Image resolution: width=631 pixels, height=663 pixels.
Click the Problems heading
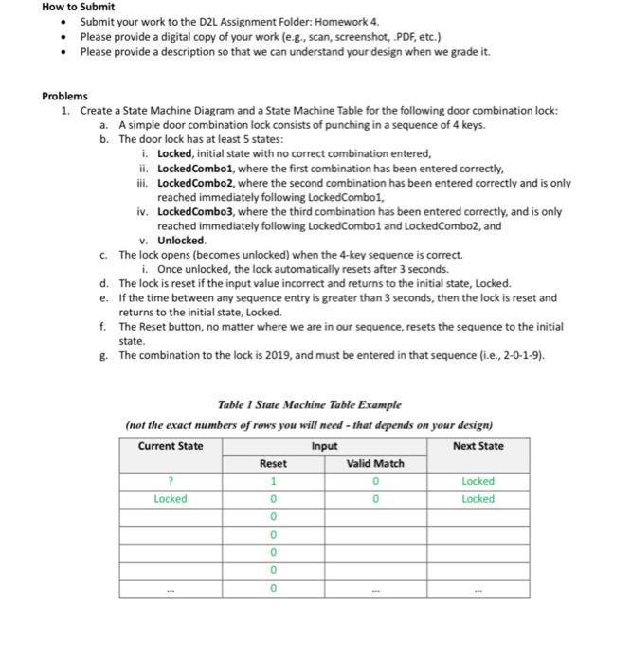click(x=64, y=97)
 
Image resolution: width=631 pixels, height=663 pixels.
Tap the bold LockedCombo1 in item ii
click(x=194, y=168)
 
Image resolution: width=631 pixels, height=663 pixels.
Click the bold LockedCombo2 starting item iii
click(x=194, y=182)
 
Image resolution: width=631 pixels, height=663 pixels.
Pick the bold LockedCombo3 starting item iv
click(x=194, y=212)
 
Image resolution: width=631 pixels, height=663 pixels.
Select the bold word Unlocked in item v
click(x=181, y=241)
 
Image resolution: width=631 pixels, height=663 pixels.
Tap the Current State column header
click(x=171, y=446)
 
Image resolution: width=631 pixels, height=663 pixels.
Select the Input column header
click(x=324, y=446)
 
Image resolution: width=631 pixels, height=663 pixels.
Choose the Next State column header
click(x=478, y=446)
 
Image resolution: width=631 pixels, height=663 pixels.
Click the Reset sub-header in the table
click(x=272, y=464)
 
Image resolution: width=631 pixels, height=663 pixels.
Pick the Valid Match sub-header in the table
click(x=375, y=464)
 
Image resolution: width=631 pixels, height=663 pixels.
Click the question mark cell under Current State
click(x=171, y=481)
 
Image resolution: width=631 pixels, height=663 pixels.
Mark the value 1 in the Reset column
click(x=272, y=481)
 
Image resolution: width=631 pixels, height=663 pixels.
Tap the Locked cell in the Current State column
click(x=171, y=499)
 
